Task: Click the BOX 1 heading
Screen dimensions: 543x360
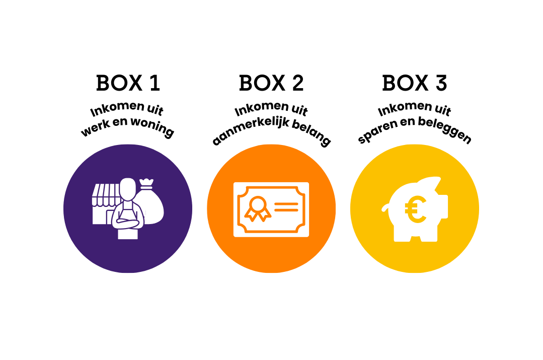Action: coord(128,83)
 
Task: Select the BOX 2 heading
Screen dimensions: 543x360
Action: coord(271,83)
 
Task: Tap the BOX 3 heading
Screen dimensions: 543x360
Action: coord(414,83)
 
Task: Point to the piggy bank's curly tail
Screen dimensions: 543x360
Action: coord(385,207)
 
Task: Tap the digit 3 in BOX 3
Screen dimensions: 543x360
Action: coord(440,83)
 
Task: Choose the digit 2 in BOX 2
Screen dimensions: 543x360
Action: coord(296,83)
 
